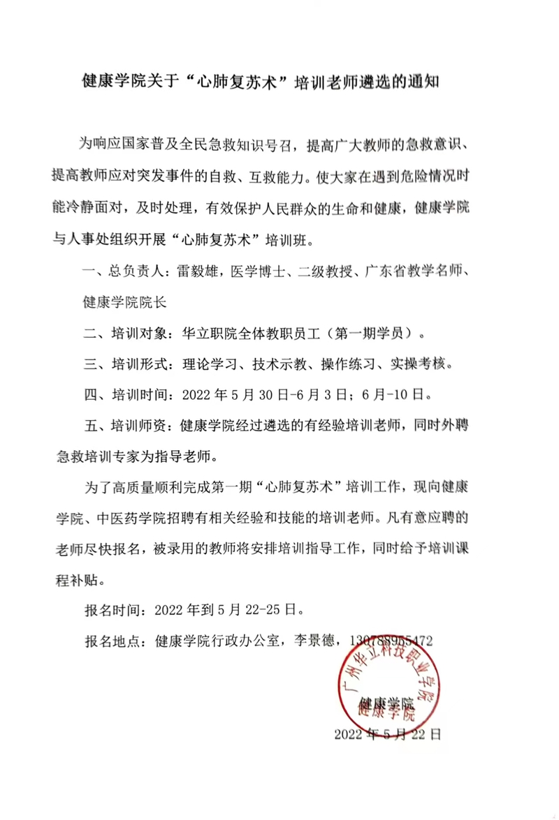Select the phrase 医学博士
tap(261, 273)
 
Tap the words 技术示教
tap(279, 363)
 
